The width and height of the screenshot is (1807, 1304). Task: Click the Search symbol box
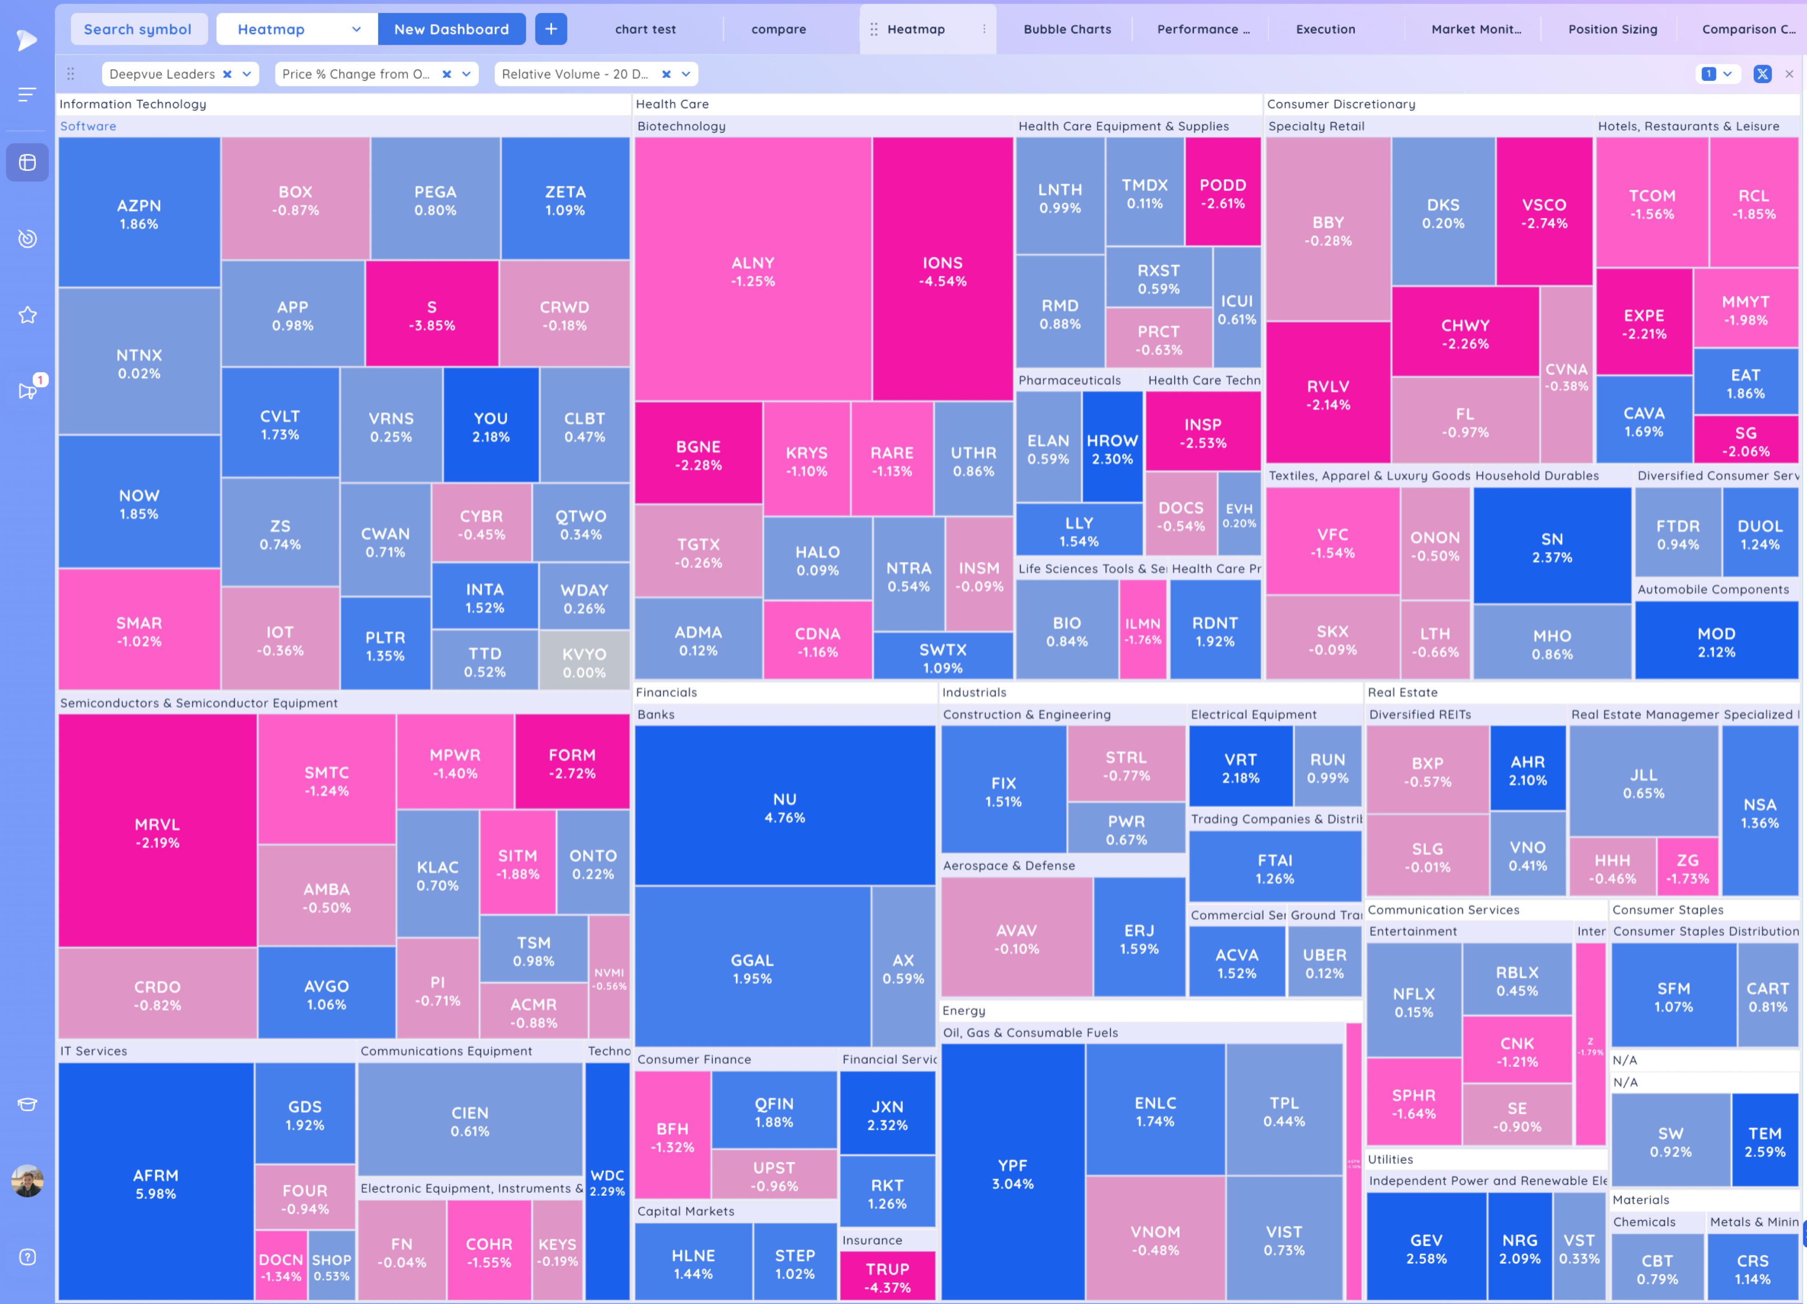click(138, 29)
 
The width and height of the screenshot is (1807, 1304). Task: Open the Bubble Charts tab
click(1067, 29)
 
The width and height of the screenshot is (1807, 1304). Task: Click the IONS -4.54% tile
click(942, 271)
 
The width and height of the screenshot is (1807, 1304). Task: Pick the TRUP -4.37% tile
click(887, 1277)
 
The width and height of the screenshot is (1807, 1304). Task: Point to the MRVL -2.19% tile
click(157, 832)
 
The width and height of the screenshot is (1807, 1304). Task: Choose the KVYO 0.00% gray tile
click(584, 661)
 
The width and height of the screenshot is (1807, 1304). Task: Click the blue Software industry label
click(89, 126)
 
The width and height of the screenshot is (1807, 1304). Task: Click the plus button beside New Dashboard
click(551, 29)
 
